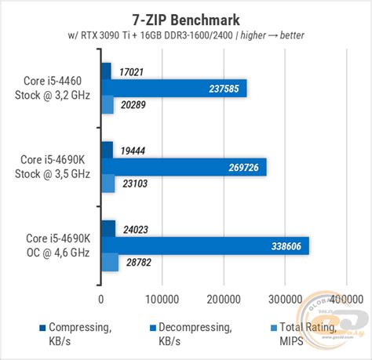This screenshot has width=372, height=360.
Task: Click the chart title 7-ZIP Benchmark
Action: (185, 18)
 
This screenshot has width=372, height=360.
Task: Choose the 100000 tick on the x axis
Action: (162, 299)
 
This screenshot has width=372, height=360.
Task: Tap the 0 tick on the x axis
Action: (101, 299)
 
